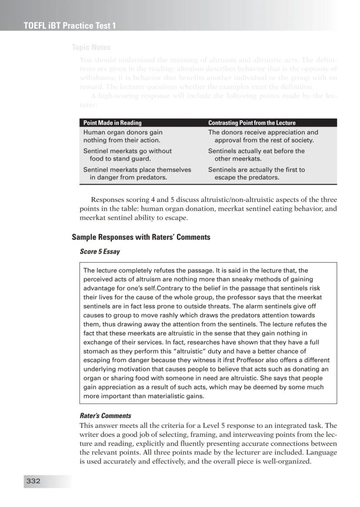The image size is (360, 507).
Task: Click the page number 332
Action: (x=33, y=481)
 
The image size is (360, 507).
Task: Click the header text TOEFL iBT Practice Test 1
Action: (x=70, y=26)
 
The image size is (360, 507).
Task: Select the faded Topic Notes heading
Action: (x=91, y=47)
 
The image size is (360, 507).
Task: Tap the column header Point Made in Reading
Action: (x=113, y=123)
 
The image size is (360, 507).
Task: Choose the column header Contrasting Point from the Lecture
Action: (x=252, y=123)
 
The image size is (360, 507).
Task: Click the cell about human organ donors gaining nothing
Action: (x=123, y=136)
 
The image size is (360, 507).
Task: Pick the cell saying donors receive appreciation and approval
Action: (x=263, y=136)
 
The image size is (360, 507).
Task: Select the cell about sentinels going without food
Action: (x=127, y=155)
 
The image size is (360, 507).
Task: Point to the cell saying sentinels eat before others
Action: (x=257, y=155)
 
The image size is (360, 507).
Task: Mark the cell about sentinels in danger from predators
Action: (x=137, y=174)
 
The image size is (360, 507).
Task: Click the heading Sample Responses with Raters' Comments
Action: (x=141, y=237)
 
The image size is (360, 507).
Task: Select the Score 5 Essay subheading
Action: (x=100, y=252)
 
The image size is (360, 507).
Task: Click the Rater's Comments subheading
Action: (x=105, y=416)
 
